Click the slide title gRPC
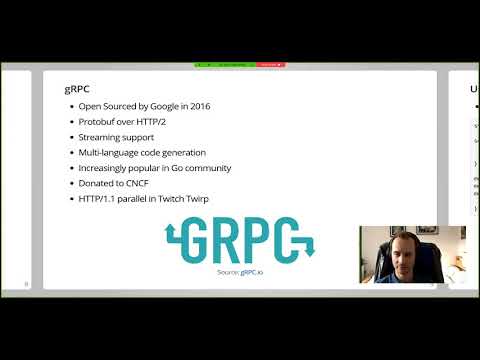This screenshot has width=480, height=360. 74,88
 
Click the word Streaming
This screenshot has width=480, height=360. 101,137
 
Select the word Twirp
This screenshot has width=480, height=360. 218,199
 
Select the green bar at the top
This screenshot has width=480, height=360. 224,64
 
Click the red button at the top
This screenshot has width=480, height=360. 270,64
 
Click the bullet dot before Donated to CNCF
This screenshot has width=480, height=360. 70,184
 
